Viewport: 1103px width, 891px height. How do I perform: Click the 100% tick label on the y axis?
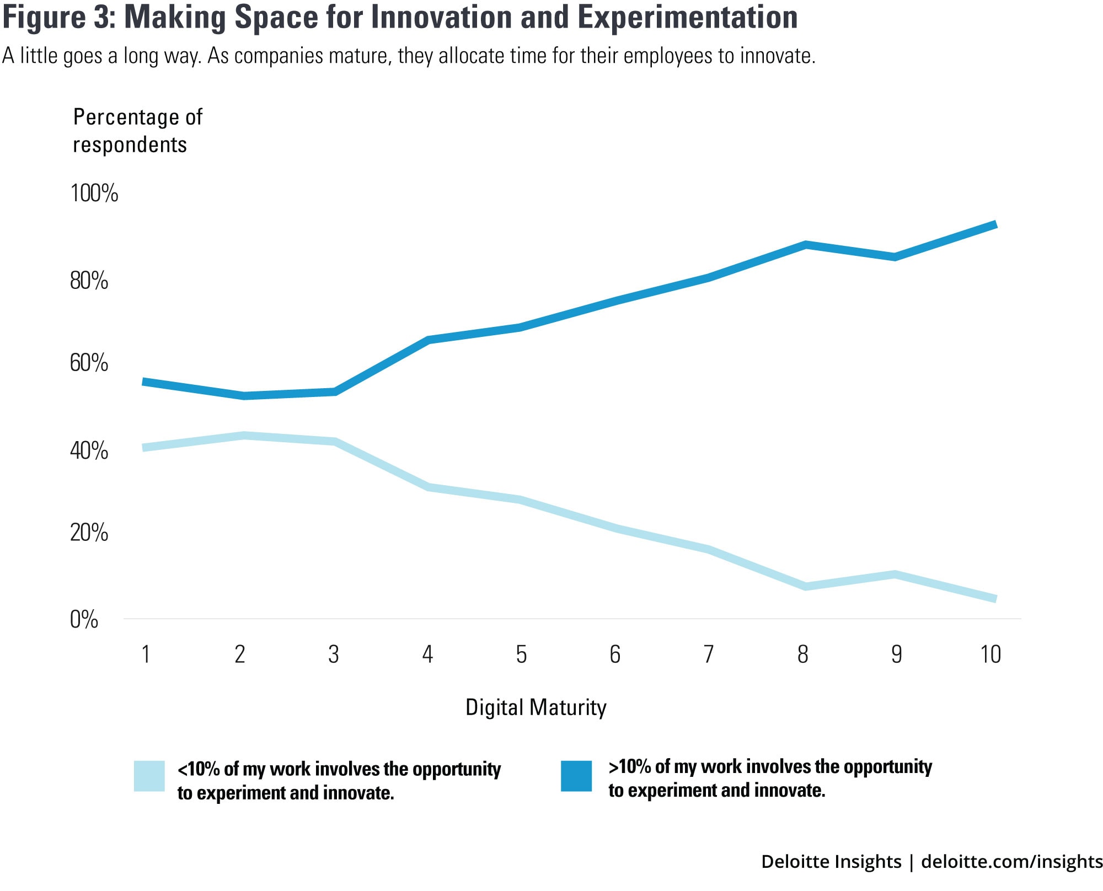(94, 194)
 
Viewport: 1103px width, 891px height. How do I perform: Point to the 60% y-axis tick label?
(89, 363)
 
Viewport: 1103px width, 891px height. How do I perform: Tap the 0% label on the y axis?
(84, 620)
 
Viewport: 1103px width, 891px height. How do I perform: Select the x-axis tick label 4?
(427, 654)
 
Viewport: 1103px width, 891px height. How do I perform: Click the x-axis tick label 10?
(990, 654)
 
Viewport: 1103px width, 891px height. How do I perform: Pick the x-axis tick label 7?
(709, 654)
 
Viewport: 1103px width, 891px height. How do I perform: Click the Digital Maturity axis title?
(536, 707)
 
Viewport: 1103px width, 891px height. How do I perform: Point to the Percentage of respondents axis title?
(137, 131)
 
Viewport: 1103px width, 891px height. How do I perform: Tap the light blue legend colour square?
(149, 776)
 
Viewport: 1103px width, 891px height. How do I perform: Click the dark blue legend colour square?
(576, 776)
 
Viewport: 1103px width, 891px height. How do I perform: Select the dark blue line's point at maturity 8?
(806, 245)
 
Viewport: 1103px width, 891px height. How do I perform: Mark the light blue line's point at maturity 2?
(243, 436)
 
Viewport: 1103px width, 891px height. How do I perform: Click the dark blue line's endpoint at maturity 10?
(995, 225)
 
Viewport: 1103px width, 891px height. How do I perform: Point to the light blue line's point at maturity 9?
(895, 575)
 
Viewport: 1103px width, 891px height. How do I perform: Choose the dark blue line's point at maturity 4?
(429, 340)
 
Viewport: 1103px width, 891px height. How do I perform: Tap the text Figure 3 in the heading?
(58, 17)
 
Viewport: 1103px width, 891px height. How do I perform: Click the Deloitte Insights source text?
(831, 861)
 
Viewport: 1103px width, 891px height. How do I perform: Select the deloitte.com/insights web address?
(1011, 861)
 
